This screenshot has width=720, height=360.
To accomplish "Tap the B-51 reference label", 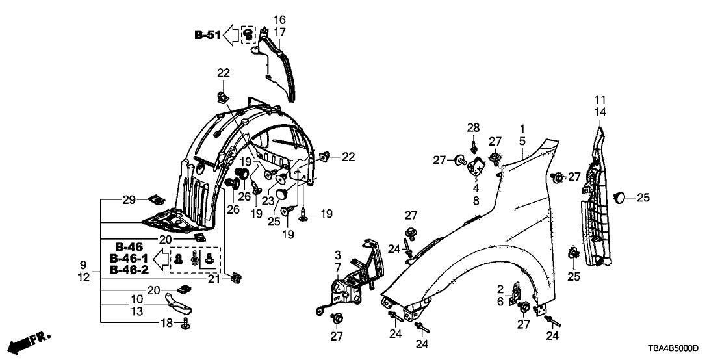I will click(x=207, y=36).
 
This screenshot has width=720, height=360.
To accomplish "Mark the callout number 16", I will click(x=279, y=19).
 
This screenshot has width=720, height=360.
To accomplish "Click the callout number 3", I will click(x=338, y=254).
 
